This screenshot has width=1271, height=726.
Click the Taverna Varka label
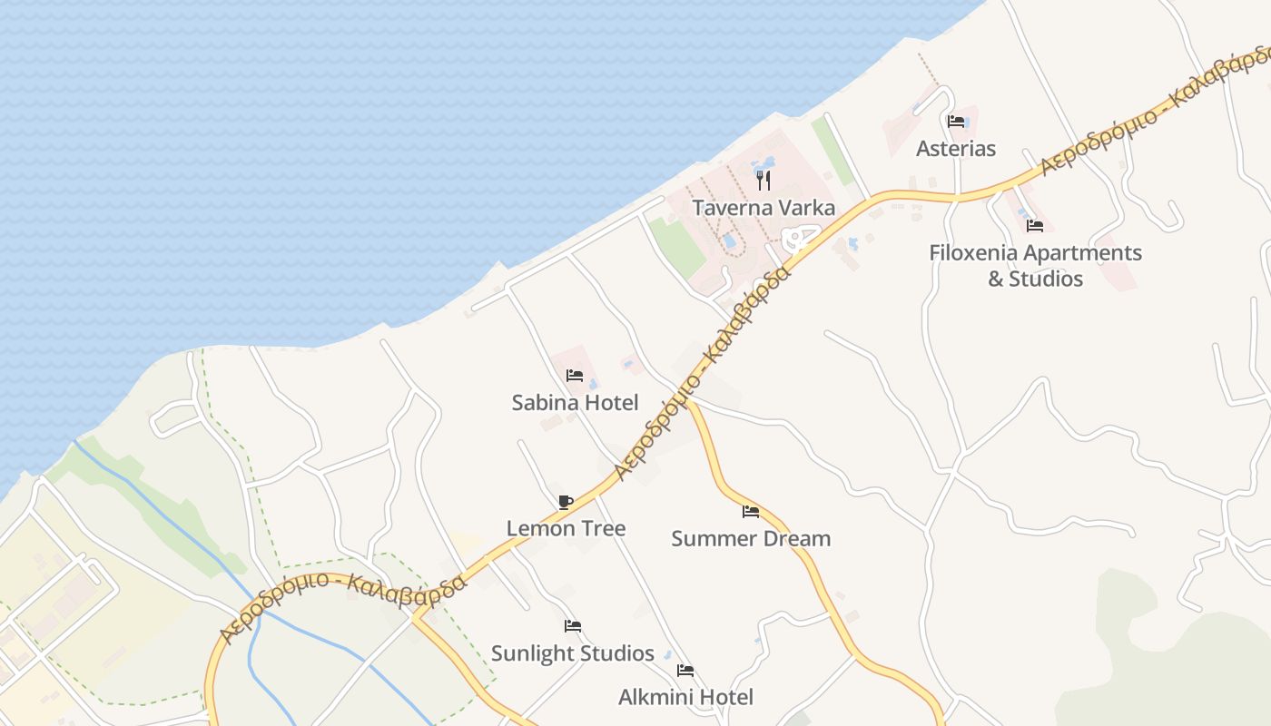764,208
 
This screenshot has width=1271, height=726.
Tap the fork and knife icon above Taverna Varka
764,180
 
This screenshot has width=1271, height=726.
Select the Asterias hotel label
956,149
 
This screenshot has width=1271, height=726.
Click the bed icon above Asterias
956,122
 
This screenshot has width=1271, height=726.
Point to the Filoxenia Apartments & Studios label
1035,265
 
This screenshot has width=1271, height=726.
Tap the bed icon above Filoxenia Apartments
1035,226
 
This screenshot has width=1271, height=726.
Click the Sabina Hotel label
575,402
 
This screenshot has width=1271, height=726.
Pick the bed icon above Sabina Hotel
575,375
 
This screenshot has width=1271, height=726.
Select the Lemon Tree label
566,528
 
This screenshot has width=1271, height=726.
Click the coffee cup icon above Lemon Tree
566,502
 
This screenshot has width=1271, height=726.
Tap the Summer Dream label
751,538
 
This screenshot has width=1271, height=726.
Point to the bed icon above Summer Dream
751,512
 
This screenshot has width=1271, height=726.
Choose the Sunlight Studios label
572,653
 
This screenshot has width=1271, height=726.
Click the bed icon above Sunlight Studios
572,626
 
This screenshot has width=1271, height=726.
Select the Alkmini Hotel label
685,697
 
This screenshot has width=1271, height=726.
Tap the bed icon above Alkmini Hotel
685,672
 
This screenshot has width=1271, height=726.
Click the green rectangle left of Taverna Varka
676,246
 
